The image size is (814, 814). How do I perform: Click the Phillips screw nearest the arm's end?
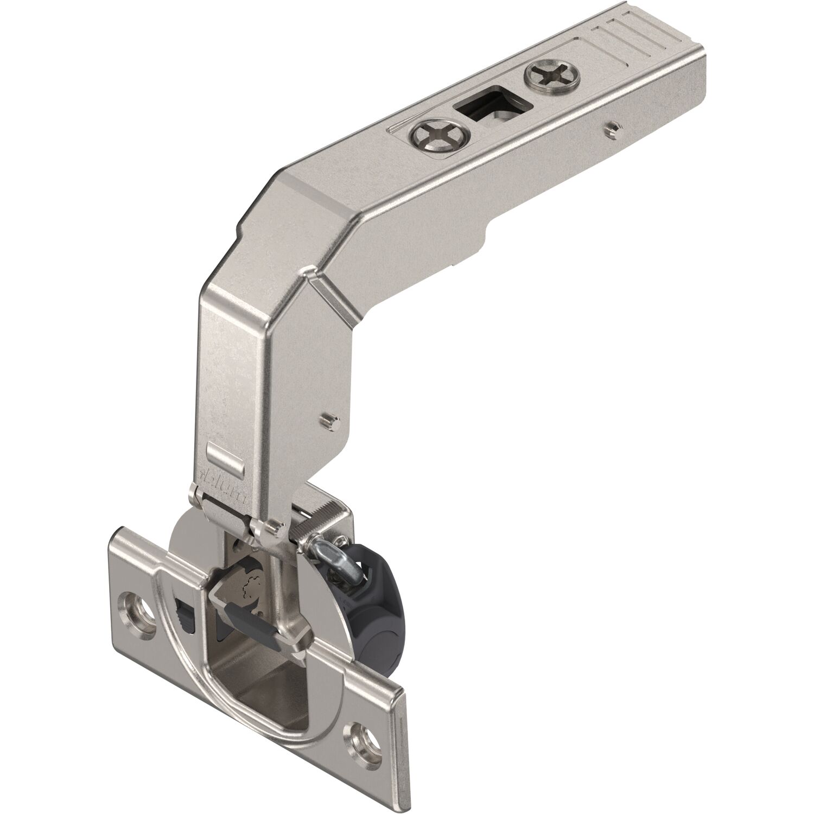click(552, 74)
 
